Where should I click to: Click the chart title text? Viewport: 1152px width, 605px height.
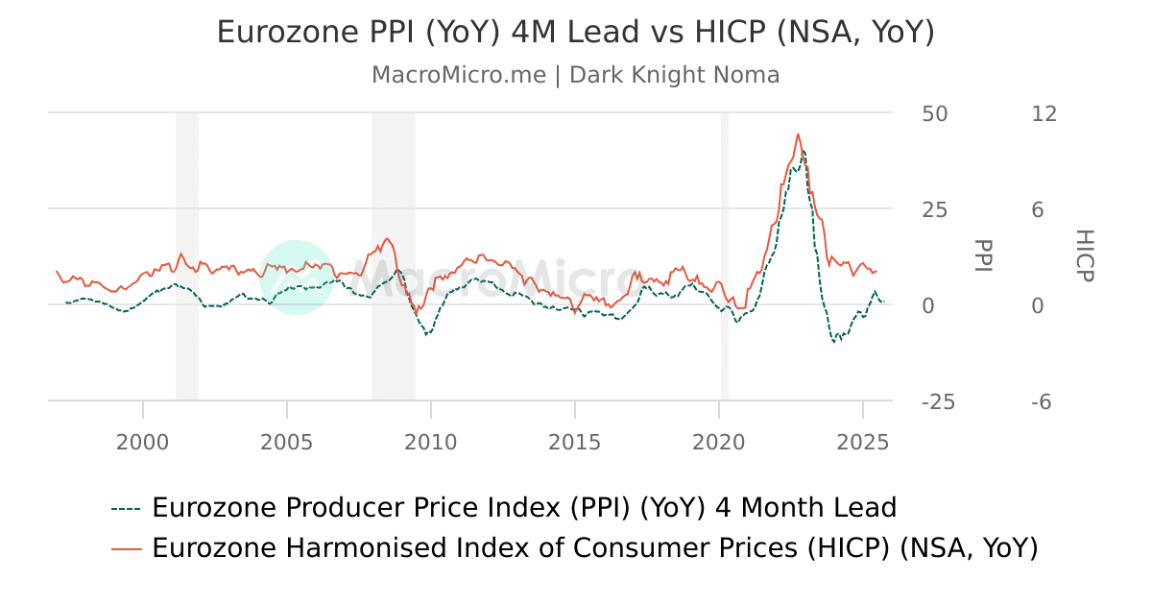tap(575, 32)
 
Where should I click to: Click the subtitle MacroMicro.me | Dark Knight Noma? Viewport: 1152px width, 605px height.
tap(575, 75)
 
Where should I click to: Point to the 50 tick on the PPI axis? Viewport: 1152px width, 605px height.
tap(934, 113)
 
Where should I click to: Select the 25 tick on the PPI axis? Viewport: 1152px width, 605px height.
tap(934, 209)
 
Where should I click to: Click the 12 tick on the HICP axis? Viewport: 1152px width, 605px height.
tap(1044, 113)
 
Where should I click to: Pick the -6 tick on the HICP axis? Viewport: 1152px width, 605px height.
tap(1041, 401)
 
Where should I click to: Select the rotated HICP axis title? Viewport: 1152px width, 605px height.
tap(1084, 255)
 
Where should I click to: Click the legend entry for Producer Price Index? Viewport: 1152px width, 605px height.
tap(523, 507)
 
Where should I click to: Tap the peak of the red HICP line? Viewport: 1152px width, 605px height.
tap(798, 134)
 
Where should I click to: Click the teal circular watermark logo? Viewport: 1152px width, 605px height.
tap(297, 277)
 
